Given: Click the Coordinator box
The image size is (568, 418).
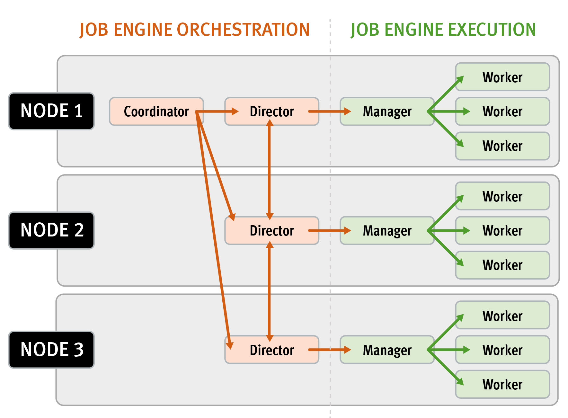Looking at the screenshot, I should (156, 111).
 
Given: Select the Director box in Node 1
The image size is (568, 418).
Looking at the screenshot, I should (272, 111).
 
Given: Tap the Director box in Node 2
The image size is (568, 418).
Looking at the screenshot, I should (272, 231).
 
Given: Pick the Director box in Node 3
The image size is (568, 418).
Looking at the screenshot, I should (272, 350).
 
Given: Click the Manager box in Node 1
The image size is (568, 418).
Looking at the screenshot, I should (387, 111).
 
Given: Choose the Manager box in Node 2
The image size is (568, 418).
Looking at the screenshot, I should (387, 231).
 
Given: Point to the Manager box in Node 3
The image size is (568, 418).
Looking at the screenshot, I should (387, 350).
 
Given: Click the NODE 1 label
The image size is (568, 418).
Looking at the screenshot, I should (51, 111).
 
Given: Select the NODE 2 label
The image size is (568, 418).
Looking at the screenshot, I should (51, 230).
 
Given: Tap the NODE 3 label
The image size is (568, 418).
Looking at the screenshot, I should (51, 350).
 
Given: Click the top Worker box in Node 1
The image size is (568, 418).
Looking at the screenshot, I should (502, 77).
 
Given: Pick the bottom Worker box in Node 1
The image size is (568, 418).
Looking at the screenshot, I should (502, 146).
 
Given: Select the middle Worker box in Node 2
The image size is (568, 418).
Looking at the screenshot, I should (502, 231).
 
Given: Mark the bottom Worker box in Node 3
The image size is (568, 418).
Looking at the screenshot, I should (502, 384).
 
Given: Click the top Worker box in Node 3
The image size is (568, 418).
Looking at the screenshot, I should (502, 316).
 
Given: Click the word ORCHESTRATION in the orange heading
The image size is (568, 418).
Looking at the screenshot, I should (243, 30).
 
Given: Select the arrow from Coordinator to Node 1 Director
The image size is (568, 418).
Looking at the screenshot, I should (217, 111).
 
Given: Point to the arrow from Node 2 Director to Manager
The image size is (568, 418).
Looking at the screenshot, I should (329, 230).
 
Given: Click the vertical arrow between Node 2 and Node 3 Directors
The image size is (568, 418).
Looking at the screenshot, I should (270, 291).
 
